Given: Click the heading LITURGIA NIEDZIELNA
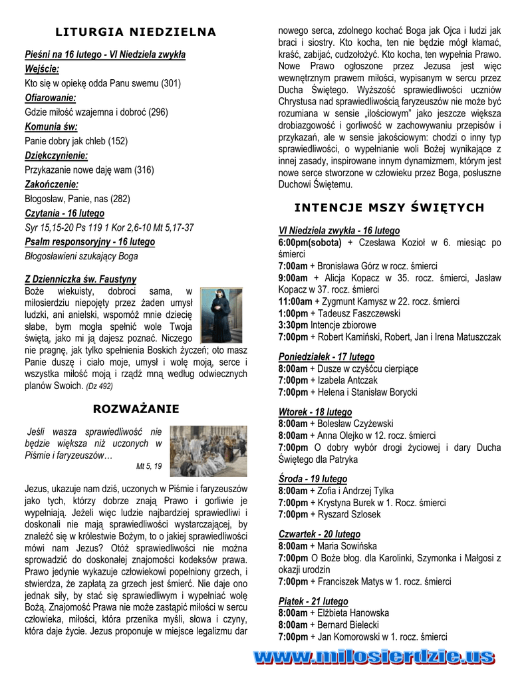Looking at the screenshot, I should coord(136,32).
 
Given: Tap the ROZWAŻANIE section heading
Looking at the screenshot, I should coord(136,408).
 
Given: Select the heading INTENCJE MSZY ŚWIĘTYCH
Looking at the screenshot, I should coord(390,208).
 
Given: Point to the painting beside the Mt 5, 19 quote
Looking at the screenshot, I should coord(208,451).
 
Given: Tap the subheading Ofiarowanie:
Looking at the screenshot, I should coord(51,98).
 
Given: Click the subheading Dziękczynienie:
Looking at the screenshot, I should coord(57,156).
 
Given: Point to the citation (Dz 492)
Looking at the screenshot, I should coord(99,386).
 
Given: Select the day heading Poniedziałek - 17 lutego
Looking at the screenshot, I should coord(327,356).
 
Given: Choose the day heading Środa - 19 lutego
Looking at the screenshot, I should coord(313,479).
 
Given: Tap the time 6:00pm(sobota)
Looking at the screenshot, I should coord(310,243).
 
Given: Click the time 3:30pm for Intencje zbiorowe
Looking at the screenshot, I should coord(293,325).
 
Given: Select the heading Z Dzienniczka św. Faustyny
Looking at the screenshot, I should coord(80,279).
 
